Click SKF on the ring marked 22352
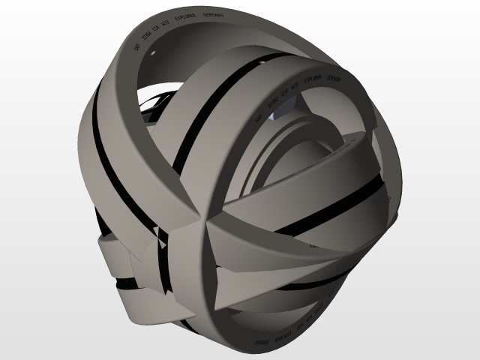click(258, 118)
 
